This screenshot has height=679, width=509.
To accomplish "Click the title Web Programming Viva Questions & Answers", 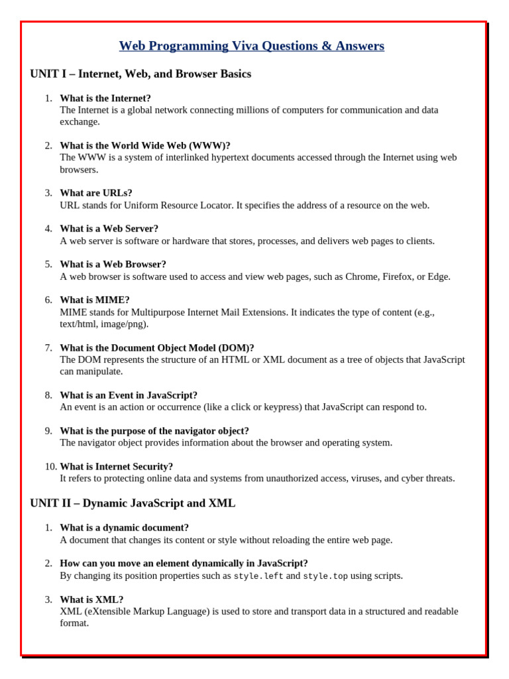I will click(x=251, y=46).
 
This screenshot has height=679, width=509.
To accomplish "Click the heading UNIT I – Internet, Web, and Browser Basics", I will click(x=141, y=74).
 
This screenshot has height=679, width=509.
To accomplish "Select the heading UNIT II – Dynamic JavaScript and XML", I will click(x=133, y=503).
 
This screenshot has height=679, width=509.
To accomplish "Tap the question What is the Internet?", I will click(x=105, y=98).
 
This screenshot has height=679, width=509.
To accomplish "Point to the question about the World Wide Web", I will click(x=145, y=146).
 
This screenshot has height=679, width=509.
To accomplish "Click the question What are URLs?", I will click(x=96, y=193).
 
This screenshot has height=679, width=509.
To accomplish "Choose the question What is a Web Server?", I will click(x=109, y=229).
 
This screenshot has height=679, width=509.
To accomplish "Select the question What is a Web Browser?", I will click(x=113, y=265).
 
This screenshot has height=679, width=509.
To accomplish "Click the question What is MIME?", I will click(x=95, y=300).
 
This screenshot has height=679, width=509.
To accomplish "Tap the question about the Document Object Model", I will click(x=157, y=348).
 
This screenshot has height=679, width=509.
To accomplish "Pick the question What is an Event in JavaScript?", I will click(x=129, y=395).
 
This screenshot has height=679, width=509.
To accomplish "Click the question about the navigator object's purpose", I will click(x=154, y=431).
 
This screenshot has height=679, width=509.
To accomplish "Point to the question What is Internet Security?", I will click(x=117, y=467).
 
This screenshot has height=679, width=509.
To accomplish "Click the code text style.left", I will click(x=258, y=576).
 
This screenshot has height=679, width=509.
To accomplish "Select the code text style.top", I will click(x=325, y=576).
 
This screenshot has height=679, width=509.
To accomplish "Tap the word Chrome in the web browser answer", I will click(x=361, y=277).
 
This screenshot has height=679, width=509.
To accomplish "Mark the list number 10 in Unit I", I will click(x=51, y=467).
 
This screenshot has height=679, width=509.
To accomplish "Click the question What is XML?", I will click(x=91, y=599).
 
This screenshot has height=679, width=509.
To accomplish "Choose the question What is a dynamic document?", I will click(x=125, y=528).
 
